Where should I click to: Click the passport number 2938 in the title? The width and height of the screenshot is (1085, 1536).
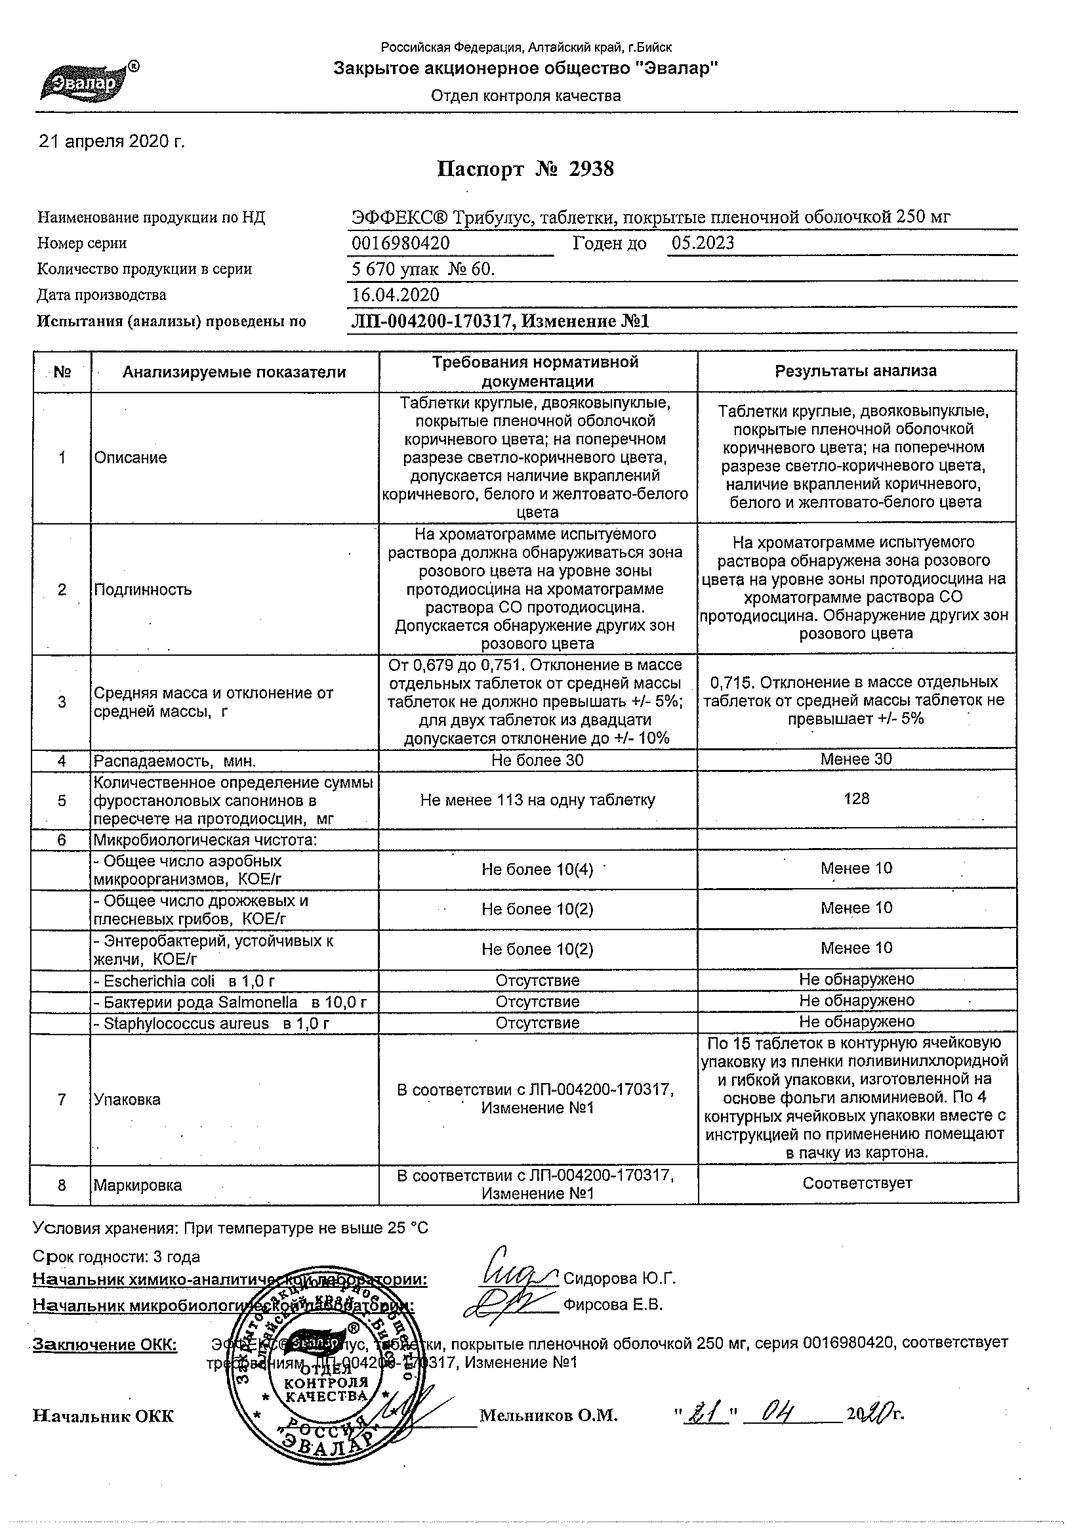point(591,169)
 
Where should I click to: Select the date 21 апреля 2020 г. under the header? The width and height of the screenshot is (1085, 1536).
point(112,142)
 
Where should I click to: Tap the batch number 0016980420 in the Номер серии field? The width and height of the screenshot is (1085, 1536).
point(400,243)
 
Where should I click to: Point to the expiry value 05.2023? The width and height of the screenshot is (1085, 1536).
point(703,243)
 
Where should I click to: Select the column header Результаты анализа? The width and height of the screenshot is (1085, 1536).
point(855,372)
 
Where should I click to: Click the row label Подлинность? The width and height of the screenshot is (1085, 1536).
point(143,589)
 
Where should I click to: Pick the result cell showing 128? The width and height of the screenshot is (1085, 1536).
point(856,799)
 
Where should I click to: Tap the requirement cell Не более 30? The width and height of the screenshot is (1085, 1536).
point(537,760)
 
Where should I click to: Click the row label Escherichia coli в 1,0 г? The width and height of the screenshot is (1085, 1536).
point(185,981)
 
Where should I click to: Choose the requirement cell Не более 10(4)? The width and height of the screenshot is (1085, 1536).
point(537,870)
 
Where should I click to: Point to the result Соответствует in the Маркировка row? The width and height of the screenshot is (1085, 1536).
point(857,1183)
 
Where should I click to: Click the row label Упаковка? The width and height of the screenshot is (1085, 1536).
point(127,1100)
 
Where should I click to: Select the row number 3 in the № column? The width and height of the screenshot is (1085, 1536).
point(62,702)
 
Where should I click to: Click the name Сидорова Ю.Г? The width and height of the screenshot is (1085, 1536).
point(620,1279)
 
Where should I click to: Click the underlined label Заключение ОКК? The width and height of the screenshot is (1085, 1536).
point(106,1345)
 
